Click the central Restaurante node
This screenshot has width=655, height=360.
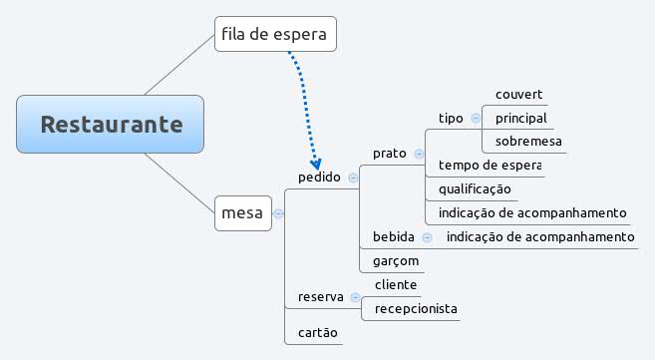tap(111, 125)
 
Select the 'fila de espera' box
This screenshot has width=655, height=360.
tap(274, 36)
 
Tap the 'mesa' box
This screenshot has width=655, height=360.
tap(242, 212)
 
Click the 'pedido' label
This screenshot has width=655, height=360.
tap(319, 178)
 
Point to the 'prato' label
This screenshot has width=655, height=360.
tap(389, 154)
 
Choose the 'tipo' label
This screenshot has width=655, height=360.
tap(451, 118)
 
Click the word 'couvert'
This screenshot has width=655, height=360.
tap(518, 95)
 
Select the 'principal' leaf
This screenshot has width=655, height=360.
tap(520, 118)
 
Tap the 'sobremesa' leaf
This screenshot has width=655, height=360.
tap(528, 142)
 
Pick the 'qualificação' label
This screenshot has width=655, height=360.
tap(475, 188)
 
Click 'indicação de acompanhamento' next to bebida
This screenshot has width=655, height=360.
tap(539, 236)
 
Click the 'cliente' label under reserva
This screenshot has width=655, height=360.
tap(396, 284)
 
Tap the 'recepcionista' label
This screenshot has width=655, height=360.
tap(416, 308)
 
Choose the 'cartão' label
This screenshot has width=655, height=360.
tap(318, 332)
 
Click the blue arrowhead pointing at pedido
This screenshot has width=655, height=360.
tap(316, 163)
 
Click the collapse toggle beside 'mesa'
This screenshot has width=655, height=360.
tap(278, 212)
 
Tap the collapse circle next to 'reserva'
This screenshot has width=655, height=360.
tap(355, 296)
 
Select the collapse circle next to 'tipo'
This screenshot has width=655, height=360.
tap(476, 118)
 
